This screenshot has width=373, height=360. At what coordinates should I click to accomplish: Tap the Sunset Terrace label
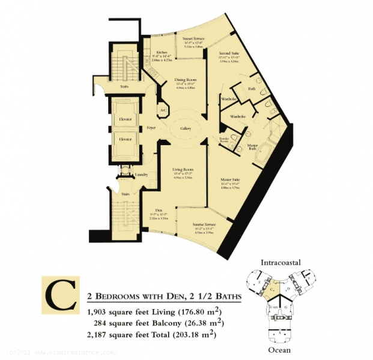(193, 38)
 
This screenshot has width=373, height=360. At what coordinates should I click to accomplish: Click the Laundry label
(142, 175)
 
